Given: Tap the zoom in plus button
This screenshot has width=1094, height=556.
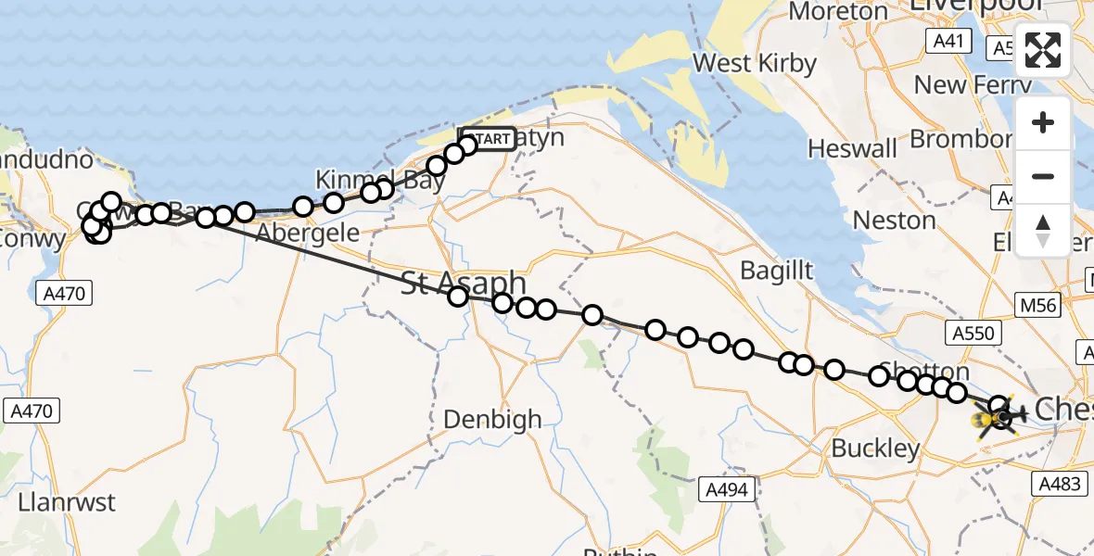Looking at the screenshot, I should point(1043,123).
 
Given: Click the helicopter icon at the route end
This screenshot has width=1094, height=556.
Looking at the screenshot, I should point(999,420).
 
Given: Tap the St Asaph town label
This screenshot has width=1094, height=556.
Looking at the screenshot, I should point(464,283).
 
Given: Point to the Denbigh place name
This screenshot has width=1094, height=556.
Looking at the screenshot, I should point(492,420).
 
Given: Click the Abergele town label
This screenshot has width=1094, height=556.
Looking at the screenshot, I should point(307,233).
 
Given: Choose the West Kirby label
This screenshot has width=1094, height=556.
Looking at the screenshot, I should point(755,64).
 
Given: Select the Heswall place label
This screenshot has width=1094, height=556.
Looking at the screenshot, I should point(853,148).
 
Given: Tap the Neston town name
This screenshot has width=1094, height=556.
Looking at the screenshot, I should point(894,221).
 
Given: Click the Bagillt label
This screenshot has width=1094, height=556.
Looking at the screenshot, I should point(777,271).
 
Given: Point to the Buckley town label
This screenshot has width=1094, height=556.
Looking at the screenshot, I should point(876,449).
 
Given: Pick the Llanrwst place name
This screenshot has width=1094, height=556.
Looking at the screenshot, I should point(67,503).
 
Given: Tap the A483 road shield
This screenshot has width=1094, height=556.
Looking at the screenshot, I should point(1057,483).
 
